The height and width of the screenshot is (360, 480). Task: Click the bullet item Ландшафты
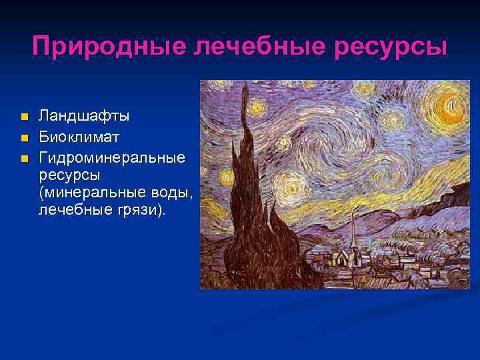84,117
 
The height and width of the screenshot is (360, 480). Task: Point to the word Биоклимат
81,138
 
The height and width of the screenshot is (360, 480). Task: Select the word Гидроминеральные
112,159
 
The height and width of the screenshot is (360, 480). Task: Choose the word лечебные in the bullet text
73,210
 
